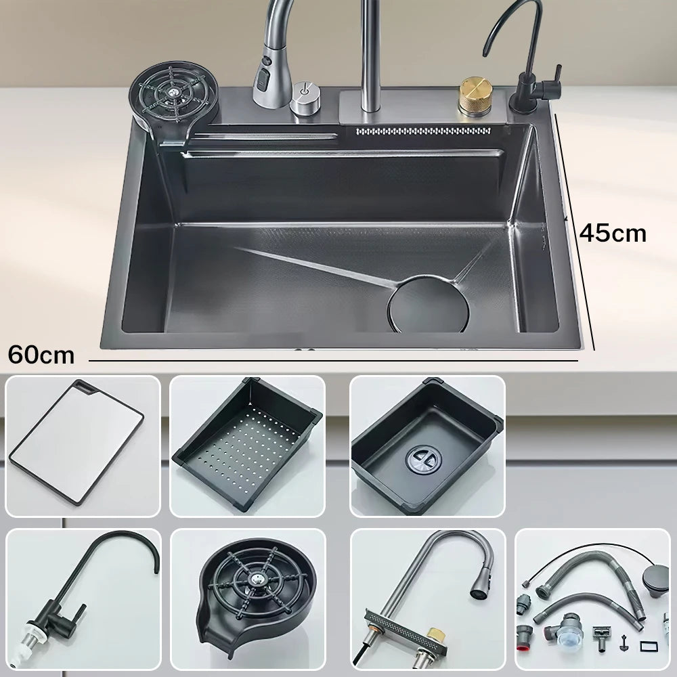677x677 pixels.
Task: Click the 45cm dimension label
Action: (x=613, y=233)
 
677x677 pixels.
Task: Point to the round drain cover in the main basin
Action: (x=428, y=303)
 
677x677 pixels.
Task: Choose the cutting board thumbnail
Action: (x=76, y=443)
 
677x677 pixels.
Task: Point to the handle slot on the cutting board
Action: (x=86, y=388)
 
